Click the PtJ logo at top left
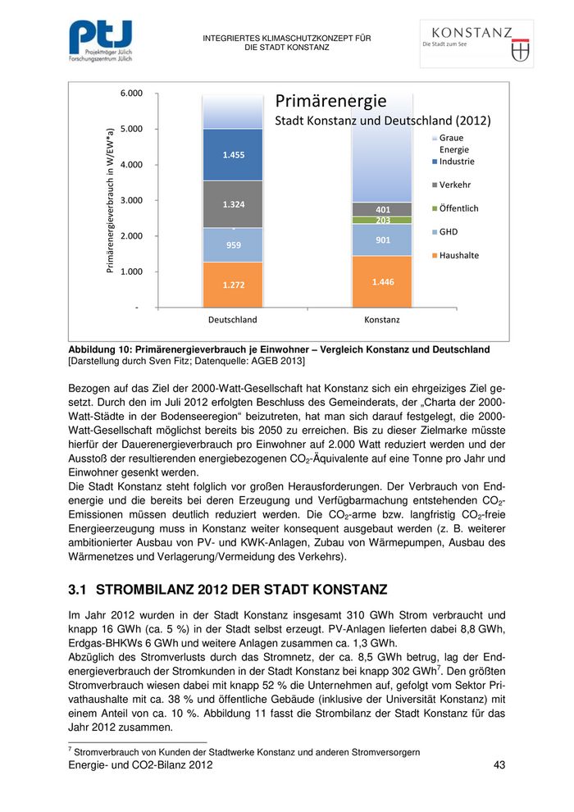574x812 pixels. coord(99,42)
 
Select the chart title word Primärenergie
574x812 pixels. coord(330,102)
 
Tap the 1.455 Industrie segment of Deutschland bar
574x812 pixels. coord(233,154)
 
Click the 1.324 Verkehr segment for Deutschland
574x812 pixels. coord(233,203)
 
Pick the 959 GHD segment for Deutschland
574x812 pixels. coord(233,244)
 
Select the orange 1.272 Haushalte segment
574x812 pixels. coord(233,285)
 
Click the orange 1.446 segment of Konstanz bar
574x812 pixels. coord(383,281)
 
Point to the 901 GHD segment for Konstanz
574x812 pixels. coord(383,239)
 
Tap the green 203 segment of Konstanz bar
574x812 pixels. coord(383,220)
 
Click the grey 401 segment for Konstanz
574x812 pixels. coord(383,209)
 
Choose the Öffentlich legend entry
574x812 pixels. coord(458,208)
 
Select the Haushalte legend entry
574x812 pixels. coord(458,255)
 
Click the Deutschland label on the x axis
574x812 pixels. coord(233,320)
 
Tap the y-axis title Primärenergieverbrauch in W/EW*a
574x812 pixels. coord(109,201)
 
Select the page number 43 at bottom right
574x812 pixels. coord(499,764)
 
